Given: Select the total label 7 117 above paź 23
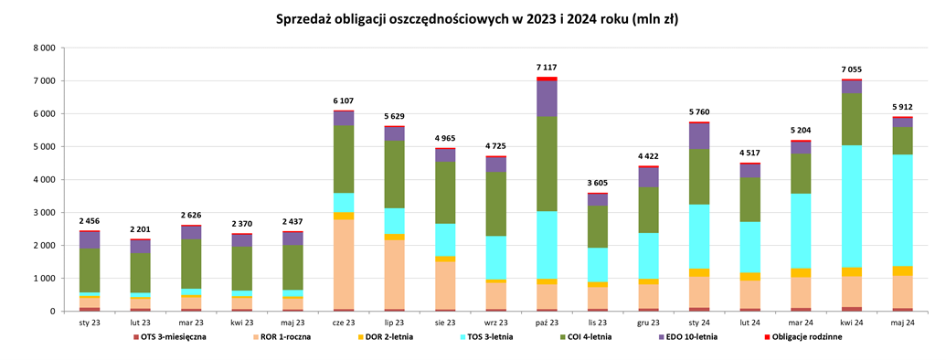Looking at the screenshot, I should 547,68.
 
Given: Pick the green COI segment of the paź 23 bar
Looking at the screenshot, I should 547,164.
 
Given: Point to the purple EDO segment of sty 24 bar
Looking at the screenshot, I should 699,136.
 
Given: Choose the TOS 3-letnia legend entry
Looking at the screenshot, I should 499,337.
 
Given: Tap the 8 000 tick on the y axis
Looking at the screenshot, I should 43,48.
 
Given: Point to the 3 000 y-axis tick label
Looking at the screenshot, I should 43,213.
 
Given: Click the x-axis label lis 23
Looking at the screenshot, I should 597,322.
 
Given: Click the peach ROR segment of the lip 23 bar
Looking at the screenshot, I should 394,274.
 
